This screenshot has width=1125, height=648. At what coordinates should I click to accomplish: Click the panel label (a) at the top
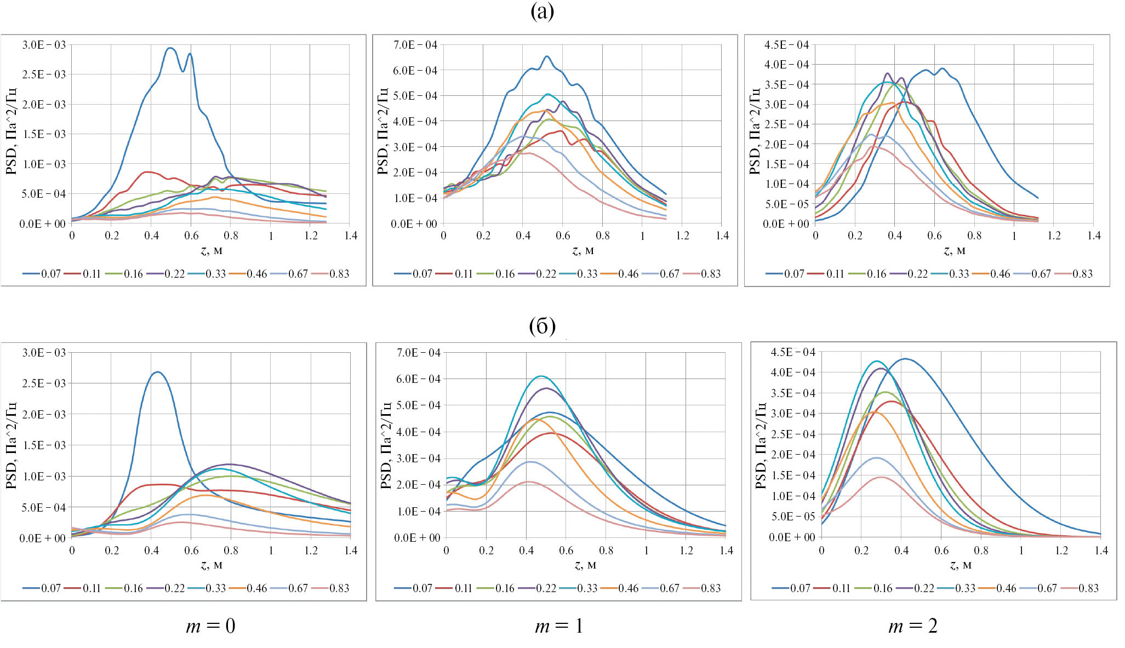click(542, 12)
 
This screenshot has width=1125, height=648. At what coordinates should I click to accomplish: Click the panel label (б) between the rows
click(542, 326)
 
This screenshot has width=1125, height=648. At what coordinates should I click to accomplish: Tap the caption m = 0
click(211, 626)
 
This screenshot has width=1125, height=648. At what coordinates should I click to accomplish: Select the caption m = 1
click(559, 626)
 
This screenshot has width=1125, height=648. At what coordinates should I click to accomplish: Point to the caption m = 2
click(913, 626)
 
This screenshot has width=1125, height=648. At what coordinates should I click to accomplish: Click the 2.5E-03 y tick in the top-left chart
click(44, 74)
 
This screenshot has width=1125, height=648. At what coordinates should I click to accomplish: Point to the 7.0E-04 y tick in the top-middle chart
click(415, 45)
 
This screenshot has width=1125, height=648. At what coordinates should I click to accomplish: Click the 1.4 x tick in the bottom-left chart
click(351, 550)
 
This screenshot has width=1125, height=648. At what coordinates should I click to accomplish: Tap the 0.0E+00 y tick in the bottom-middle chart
click(417, 538)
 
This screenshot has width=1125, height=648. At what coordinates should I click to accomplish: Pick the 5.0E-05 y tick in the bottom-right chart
click(793, 517)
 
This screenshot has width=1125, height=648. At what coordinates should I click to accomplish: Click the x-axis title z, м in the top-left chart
click(212, 251)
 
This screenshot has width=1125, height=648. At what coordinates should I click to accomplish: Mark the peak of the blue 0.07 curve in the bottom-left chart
click(157, 372)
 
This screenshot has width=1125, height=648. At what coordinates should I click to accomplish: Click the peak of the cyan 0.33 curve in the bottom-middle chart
click(541, 376)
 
